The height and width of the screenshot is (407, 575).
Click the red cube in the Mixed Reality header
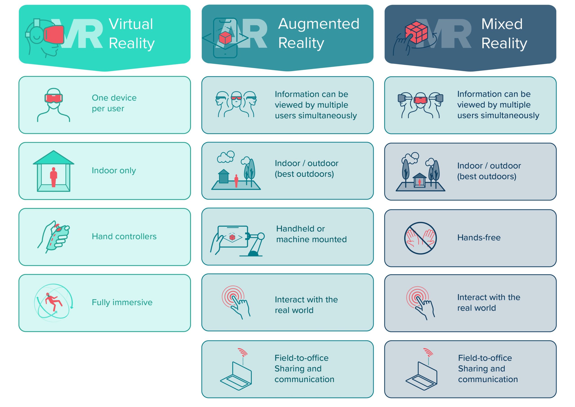[416, 33]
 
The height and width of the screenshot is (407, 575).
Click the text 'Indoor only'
[114, 170]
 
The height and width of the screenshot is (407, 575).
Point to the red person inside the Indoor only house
[53, 177]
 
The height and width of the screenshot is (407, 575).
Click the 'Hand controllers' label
[124, 236]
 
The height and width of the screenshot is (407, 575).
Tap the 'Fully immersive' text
[122, 302]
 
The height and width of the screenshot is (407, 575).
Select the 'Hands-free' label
[479, 237]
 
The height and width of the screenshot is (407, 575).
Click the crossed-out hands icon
[420, 238]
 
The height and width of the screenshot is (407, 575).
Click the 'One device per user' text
[114, 103]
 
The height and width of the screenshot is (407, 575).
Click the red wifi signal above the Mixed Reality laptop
[428, 352]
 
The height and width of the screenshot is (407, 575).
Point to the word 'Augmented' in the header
[319, 24]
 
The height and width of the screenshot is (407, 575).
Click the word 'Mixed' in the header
[502, 24]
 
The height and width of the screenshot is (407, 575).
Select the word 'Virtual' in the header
[131, 24]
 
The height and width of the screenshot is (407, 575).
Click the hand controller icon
[54, 237]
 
